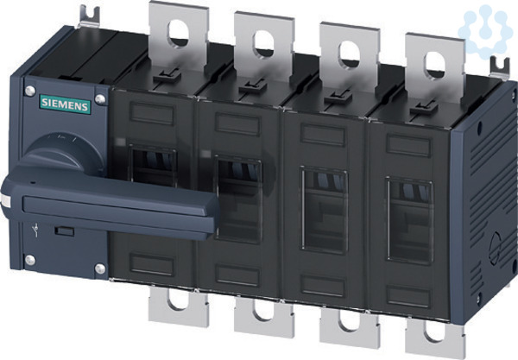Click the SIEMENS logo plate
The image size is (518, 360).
click(x=65, y=104)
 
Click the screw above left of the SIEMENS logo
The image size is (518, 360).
click(x=29, y=91)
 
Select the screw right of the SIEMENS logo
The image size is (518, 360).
click(x=100, y=98)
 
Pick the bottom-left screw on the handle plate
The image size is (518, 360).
click(x=30, y=260)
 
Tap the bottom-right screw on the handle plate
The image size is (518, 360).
click(x=100, y=268)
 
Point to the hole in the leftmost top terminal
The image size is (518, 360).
click(x=179, y=34)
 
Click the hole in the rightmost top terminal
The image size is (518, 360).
click(x=435, y=66)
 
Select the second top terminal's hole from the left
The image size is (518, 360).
click(x=263, y=44)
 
